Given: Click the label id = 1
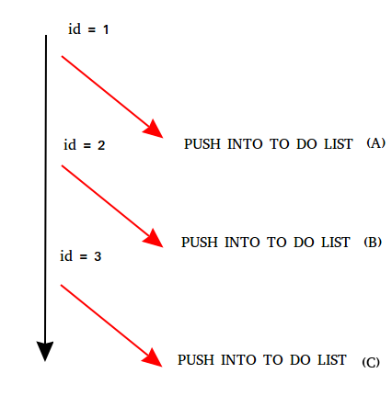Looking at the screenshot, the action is [88, 29].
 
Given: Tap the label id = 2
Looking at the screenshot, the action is [85, 144].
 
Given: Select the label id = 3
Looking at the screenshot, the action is [80, 256].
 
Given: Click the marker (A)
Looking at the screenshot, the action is [375, 143].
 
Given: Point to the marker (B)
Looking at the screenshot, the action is [373, 242].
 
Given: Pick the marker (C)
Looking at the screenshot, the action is [371, 363].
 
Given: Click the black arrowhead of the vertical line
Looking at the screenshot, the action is [45, 351].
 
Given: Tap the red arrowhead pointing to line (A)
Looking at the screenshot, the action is [154, 130].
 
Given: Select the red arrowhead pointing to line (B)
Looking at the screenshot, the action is [154, 238].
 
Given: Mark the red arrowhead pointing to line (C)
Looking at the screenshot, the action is [153, 357].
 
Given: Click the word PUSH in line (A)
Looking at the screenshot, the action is [202, 144].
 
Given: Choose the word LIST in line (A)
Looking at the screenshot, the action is [339, 144].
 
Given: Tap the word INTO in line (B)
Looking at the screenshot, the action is [242, 243].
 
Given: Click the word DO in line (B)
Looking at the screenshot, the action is [304, 243].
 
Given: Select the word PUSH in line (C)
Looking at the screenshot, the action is [196, 360].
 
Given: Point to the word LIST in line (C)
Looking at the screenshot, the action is [332, 360].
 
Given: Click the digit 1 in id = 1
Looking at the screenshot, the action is [106, 29].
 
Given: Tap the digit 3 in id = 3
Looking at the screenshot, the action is [98, 256].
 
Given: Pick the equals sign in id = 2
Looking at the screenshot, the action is [87, 146].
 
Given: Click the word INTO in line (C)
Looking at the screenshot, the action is [238, 360].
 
